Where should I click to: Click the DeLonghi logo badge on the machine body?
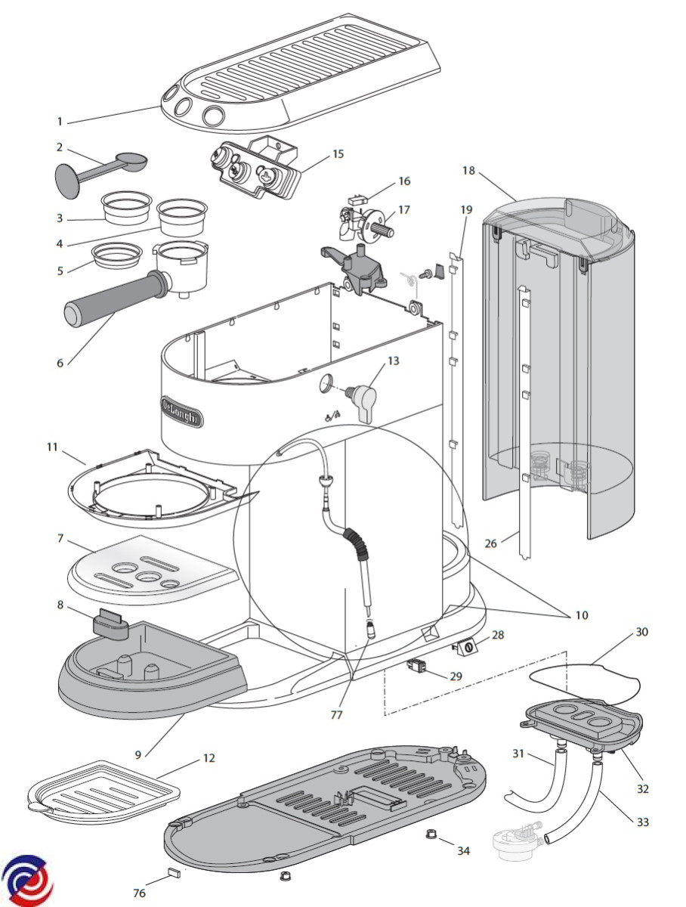pos(182,412)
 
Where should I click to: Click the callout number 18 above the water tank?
pos(468,170)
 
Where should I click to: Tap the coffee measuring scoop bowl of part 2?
pos(131,160)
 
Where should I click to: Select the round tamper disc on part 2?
pos(67,181)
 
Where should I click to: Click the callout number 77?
pos(337,714)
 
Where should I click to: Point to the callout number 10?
pos(582,615)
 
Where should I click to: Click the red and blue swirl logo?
pos(27,879)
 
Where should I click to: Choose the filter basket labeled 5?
pos(117,255)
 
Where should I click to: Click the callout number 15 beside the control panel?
pos(338,153)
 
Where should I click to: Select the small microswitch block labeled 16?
pos(358,200)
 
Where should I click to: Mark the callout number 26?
pos(490,543)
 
